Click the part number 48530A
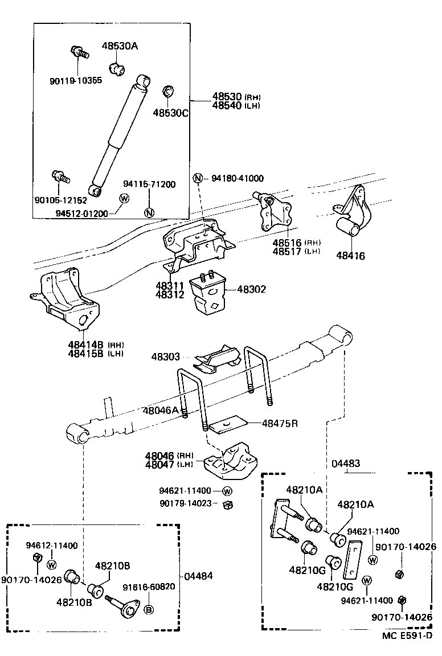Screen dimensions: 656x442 (x=120, y=46)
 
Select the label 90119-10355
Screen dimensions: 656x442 (x=75, y=80)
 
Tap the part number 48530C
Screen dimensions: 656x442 (x=170, y=113)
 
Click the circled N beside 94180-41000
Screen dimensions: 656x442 (x=198, y=178)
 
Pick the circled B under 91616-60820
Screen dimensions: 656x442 (x=148, y=610)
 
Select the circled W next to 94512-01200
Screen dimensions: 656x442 (x=124, y=198)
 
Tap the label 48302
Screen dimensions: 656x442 (x=251, y=289)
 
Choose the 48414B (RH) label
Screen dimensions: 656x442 (x=95, y=345)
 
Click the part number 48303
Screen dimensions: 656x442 (x=166, y=357)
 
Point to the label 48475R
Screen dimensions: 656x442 (x=280, y=423)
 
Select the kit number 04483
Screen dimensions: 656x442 (x=345, y=463)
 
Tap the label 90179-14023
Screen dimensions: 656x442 (x=185, y=503)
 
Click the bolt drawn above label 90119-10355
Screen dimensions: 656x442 (x=79, y=53)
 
